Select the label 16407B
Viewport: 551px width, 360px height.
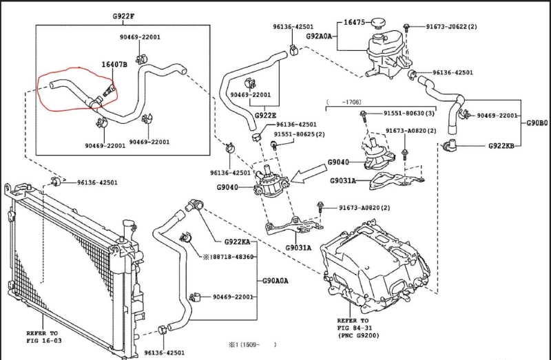click(x=114, y=64)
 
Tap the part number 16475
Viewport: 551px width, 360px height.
click(x=354, y=23)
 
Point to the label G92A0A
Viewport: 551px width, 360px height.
click(x=319, y=35)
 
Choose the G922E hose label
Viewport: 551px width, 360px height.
click(x=265, y=115)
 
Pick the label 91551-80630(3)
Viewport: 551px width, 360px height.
click(x=409, y=113)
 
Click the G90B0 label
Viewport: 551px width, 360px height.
click(x=537, y=123)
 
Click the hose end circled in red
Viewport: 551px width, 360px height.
click(x=55, y=85)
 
